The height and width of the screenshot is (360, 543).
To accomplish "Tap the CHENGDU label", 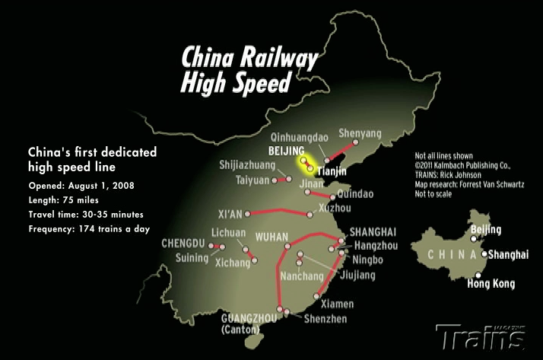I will click(x=183, y=244).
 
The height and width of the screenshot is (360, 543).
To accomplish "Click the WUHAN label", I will click(x=273, y=236).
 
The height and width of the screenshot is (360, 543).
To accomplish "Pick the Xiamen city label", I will click(x=337, y=303).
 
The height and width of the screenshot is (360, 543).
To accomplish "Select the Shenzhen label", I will click(x=325, y=318).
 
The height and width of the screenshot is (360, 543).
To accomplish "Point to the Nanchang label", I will click(x=303, y=275).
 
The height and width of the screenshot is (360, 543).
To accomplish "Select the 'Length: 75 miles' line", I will click(x=64, y=200).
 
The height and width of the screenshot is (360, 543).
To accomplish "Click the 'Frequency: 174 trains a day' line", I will click(x=90, y=228).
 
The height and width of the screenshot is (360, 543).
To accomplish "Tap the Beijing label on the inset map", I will click(x=486, y=230).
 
